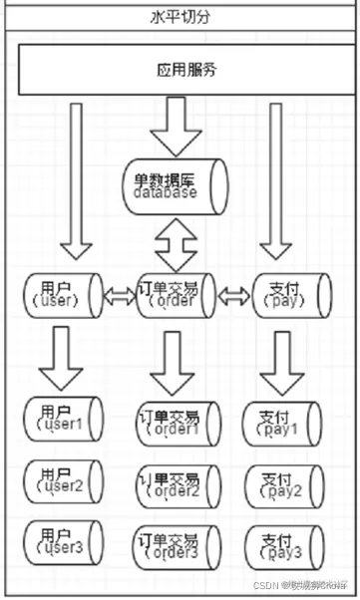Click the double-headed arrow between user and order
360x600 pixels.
pyautogui.click(x=119, y=295)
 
